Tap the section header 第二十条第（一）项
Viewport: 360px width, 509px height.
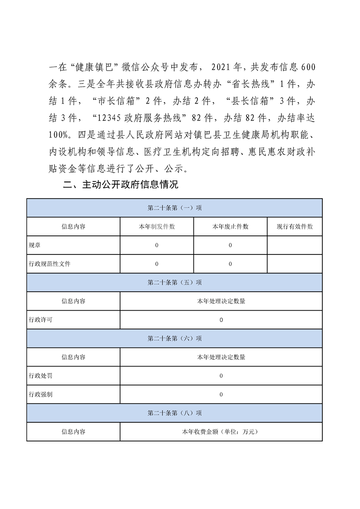175,208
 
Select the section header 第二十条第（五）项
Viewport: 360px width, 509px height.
175,282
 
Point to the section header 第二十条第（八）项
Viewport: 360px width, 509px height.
175,413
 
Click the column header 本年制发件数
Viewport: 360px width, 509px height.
157,226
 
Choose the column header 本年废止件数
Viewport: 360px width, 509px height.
230,226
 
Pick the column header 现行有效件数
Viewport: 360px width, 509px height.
295,226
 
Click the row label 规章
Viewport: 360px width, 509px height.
34,245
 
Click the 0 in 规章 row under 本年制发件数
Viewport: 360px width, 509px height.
157,245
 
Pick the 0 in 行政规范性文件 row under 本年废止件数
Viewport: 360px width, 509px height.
230,264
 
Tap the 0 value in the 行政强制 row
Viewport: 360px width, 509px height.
221,394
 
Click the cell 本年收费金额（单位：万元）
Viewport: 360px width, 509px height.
221,431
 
